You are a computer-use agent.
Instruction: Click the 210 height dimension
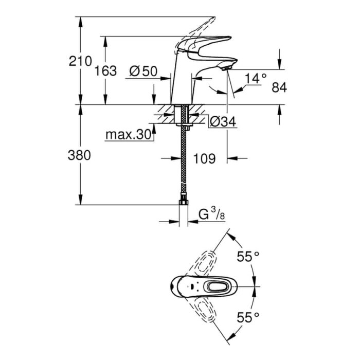(80, 61)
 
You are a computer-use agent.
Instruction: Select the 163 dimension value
(105, 71)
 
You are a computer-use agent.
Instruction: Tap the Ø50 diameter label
(143, 71)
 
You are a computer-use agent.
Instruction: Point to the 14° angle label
(256, 78)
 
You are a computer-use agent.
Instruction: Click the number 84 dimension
(279, 87)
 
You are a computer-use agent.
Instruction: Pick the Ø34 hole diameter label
(223, 121)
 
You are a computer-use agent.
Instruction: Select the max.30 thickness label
(128, 134)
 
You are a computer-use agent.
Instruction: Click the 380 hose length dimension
(79, 155)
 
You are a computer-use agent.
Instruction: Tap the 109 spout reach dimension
(205, 158)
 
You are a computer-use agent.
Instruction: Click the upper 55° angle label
(248, 257)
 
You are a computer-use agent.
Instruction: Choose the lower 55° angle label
(248, 317)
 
